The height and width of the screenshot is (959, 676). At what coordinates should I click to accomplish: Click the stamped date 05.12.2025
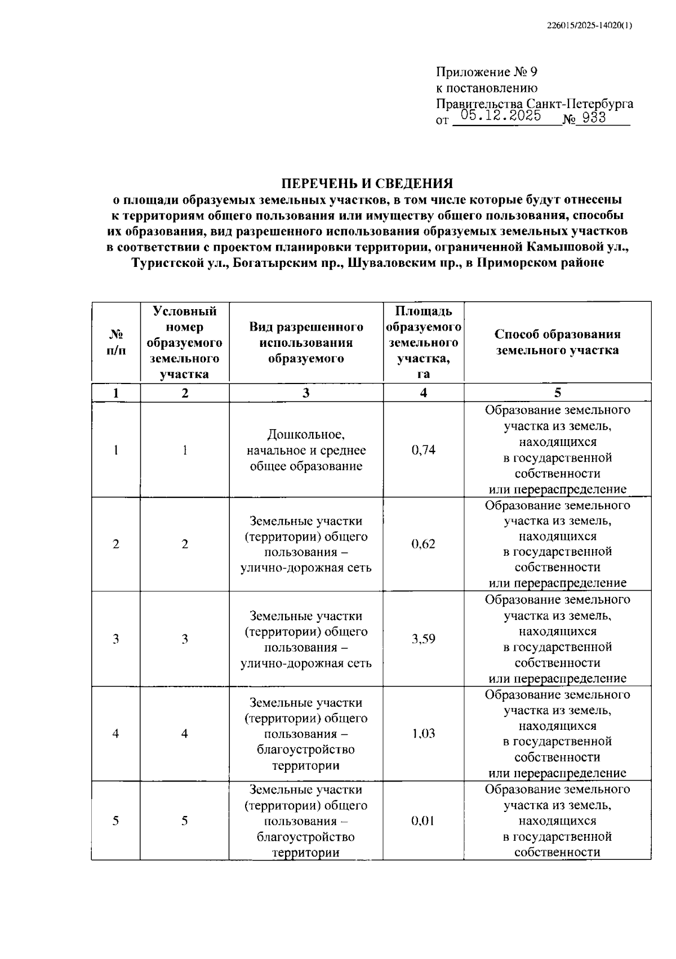[501, 116]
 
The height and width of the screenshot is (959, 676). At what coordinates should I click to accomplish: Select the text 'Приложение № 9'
[487, 72]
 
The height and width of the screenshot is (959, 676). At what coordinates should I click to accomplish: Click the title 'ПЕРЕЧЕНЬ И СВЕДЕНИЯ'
[367, 184]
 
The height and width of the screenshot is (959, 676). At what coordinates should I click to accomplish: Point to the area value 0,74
[423, 450]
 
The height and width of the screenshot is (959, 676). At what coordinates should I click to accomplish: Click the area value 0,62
[423, 544]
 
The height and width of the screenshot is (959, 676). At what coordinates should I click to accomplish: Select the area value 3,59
[423, 639]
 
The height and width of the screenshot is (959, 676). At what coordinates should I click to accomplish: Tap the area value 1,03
[423, 733]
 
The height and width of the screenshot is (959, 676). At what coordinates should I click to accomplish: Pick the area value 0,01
[423, 820]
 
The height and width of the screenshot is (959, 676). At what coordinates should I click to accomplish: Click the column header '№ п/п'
[116, 342]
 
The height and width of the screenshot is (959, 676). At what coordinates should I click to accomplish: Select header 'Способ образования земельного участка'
[557, 342]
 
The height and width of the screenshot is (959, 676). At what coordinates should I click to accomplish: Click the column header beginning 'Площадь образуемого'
[423, 342]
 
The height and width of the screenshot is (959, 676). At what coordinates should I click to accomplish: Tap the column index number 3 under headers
[306, 393]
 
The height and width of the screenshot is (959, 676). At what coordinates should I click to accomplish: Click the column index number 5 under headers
[557, 393]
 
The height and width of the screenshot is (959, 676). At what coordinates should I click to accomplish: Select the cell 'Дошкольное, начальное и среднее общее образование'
[306, 450]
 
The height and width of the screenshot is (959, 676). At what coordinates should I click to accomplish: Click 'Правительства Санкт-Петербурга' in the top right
[534, 104]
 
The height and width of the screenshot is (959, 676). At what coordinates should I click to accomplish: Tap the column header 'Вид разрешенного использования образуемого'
[306, 342]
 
